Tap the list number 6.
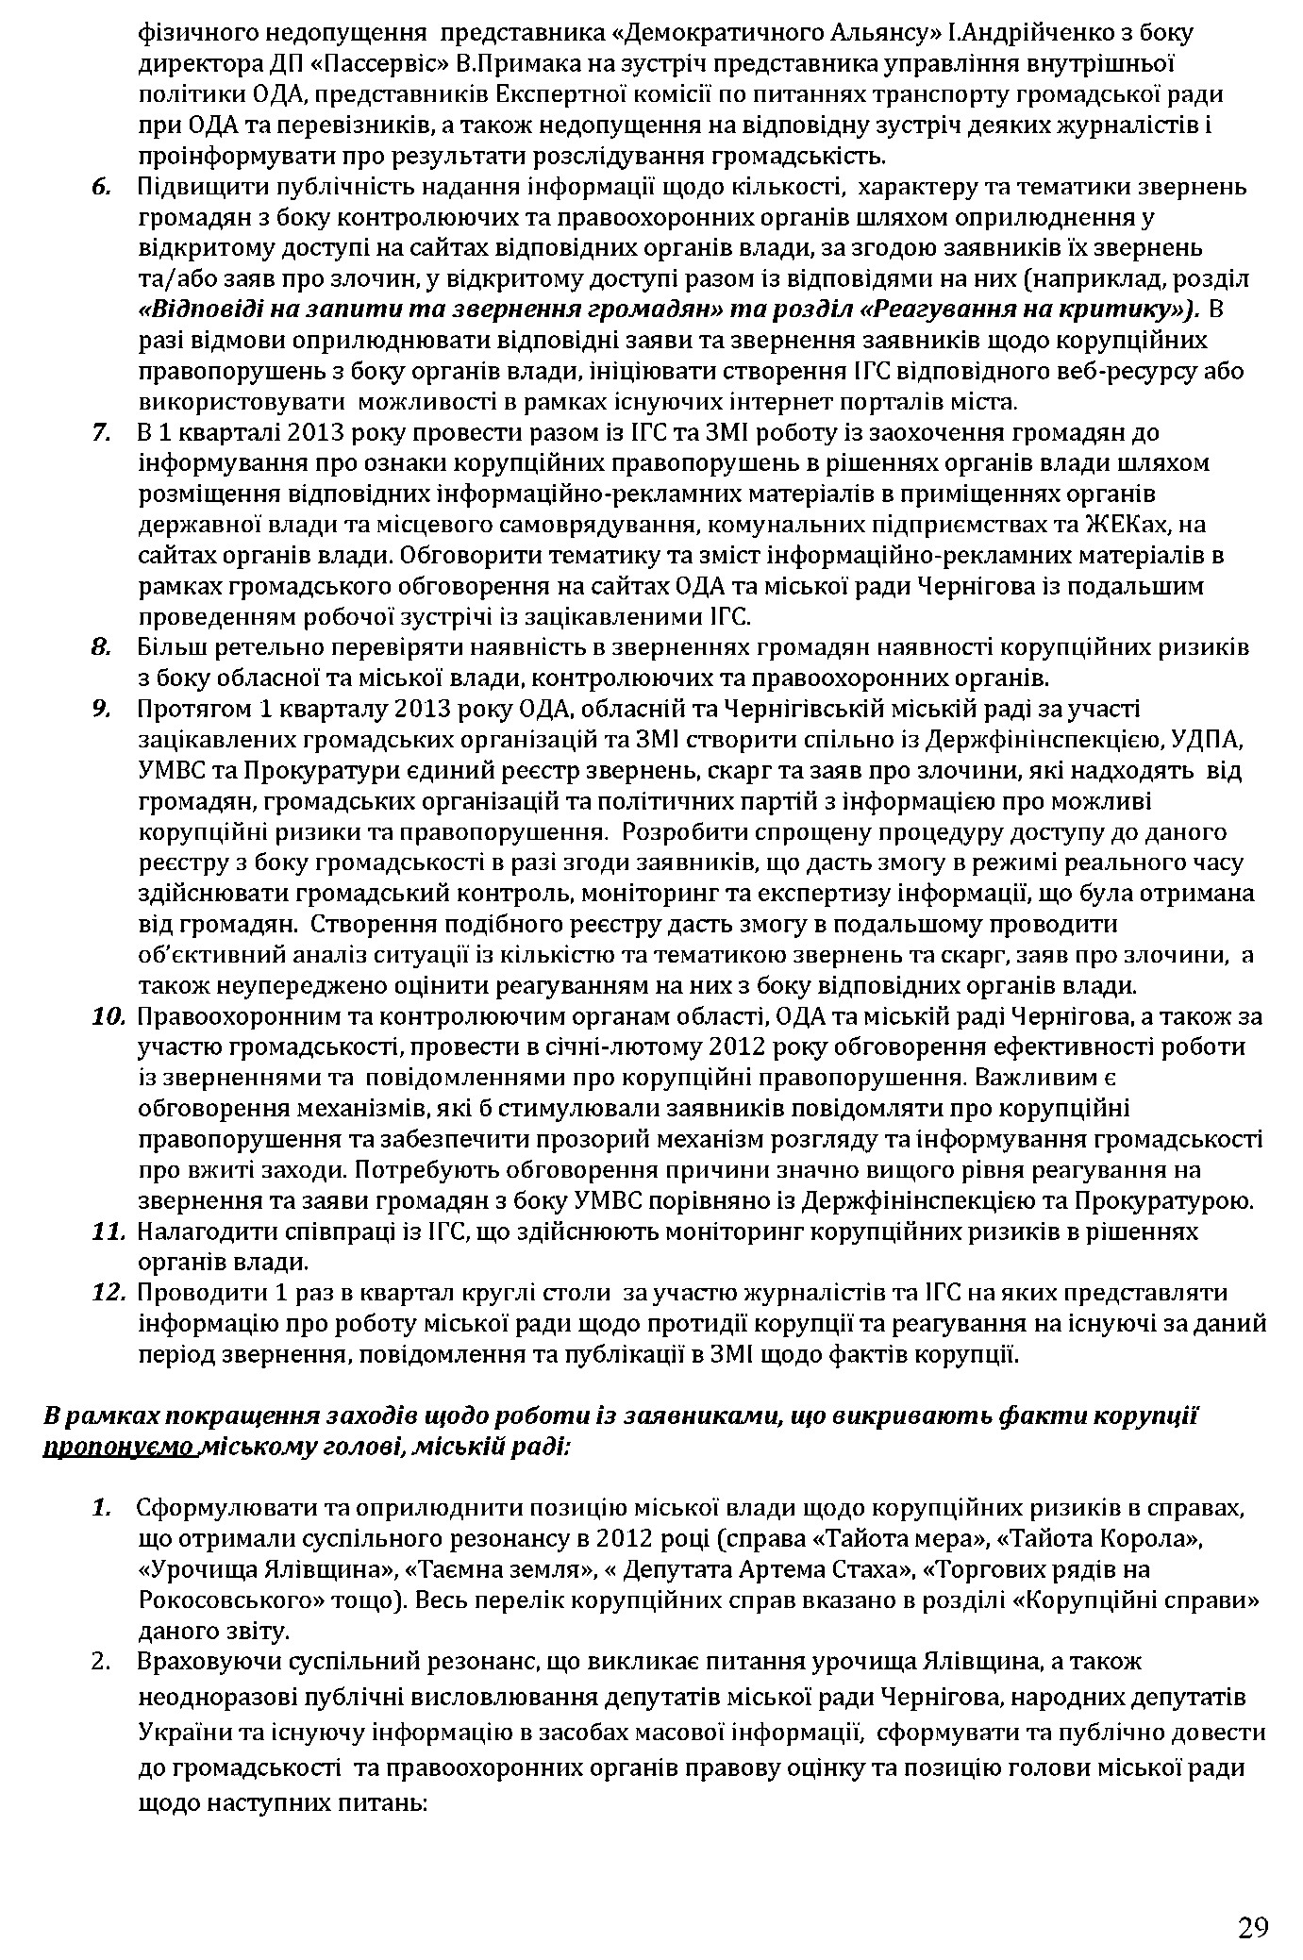(x=101, y=187)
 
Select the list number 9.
(x=102, y=709)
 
